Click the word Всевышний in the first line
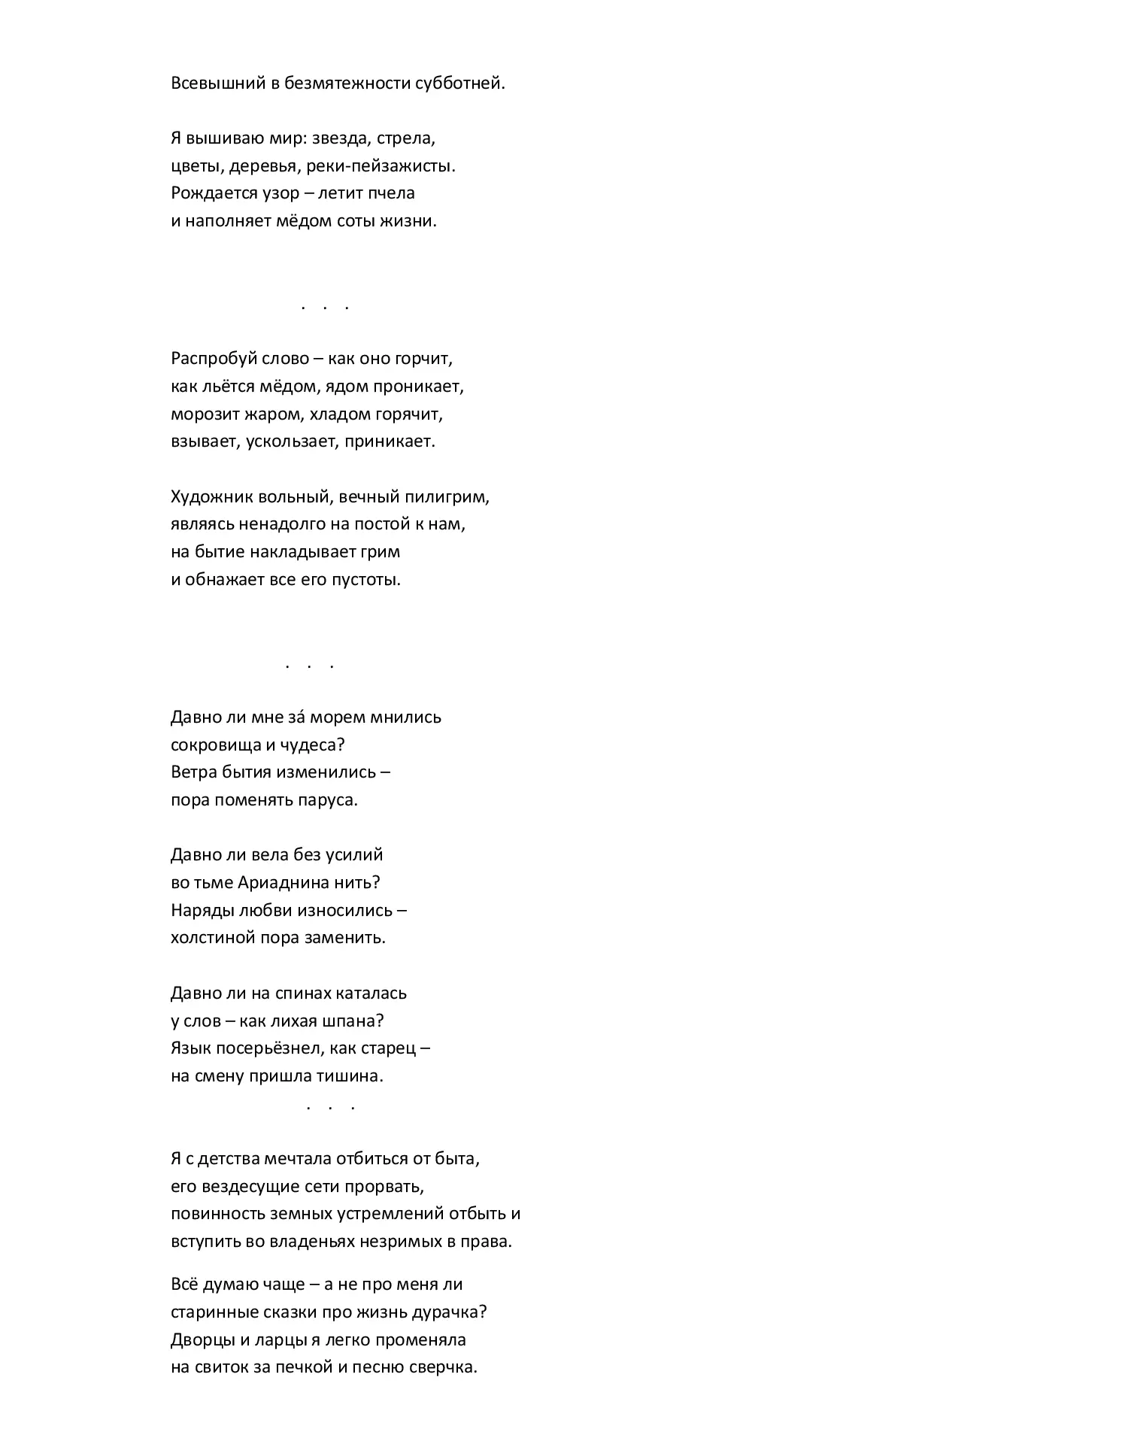click(x=218, y=83)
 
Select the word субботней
click(x=459, y=83)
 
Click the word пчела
click(x=390, y=193)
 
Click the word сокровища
click(x=214, y=745)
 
